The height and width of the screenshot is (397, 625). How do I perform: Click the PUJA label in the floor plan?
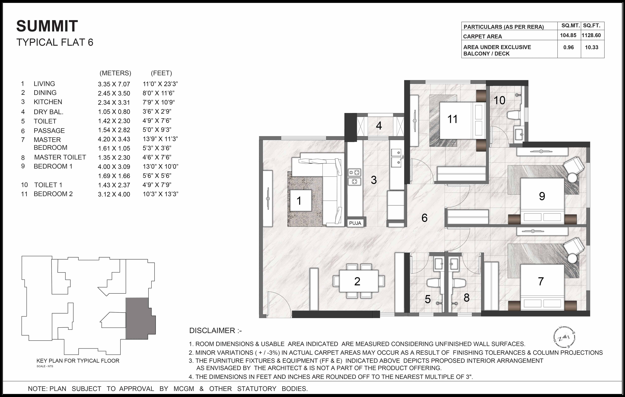[x=355, y=223]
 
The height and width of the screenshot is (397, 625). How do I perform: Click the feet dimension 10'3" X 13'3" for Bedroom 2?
[x=160, y=194]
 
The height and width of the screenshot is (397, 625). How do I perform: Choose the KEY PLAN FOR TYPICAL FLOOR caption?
[x=78, y=361]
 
